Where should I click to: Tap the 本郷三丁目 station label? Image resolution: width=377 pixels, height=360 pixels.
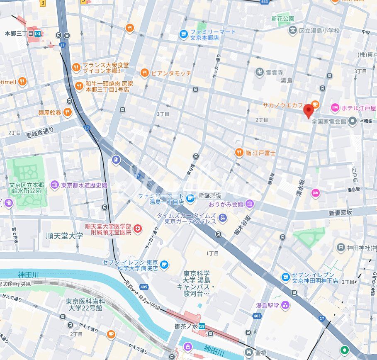click(19, 34)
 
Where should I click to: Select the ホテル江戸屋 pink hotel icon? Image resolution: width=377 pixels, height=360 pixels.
click(335, 108)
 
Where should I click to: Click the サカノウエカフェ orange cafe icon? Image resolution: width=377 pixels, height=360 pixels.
click(315, 104)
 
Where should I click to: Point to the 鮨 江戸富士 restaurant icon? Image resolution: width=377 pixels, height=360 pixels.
click(239, 153)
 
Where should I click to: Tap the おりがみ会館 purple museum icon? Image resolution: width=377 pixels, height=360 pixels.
click(249, 204)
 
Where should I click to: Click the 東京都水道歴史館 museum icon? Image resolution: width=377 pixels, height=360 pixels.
click(55, 185)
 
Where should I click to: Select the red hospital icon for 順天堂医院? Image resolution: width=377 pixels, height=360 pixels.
click(138, 229)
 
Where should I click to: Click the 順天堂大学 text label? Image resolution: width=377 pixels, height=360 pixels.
click(65, 236)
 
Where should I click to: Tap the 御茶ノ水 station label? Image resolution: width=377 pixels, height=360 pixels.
click(185, 326)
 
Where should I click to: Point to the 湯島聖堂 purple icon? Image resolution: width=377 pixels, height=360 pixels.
click(285, 306)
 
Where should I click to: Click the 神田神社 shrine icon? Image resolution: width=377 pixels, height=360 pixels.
click(341, 248)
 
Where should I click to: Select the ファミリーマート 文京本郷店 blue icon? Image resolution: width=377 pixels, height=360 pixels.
click(183, 34)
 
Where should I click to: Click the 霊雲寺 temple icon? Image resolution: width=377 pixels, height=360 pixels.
click(260, 72)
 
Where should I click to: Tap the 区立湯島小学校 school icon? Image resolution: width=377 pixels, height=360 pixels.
click(293, 30)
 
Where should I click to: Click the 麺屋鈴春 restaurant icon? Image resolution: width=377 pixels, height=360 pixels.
click(67, 112)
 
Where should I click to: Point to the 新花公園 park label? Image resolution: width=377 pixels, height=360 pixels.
click(283, 19)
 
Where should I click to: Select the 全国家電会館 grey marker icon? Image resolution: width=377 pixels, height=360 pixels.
click(353, 121)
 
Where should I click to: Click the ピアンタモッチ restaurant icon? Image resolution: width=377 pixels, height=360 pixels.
click(144, 73)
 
